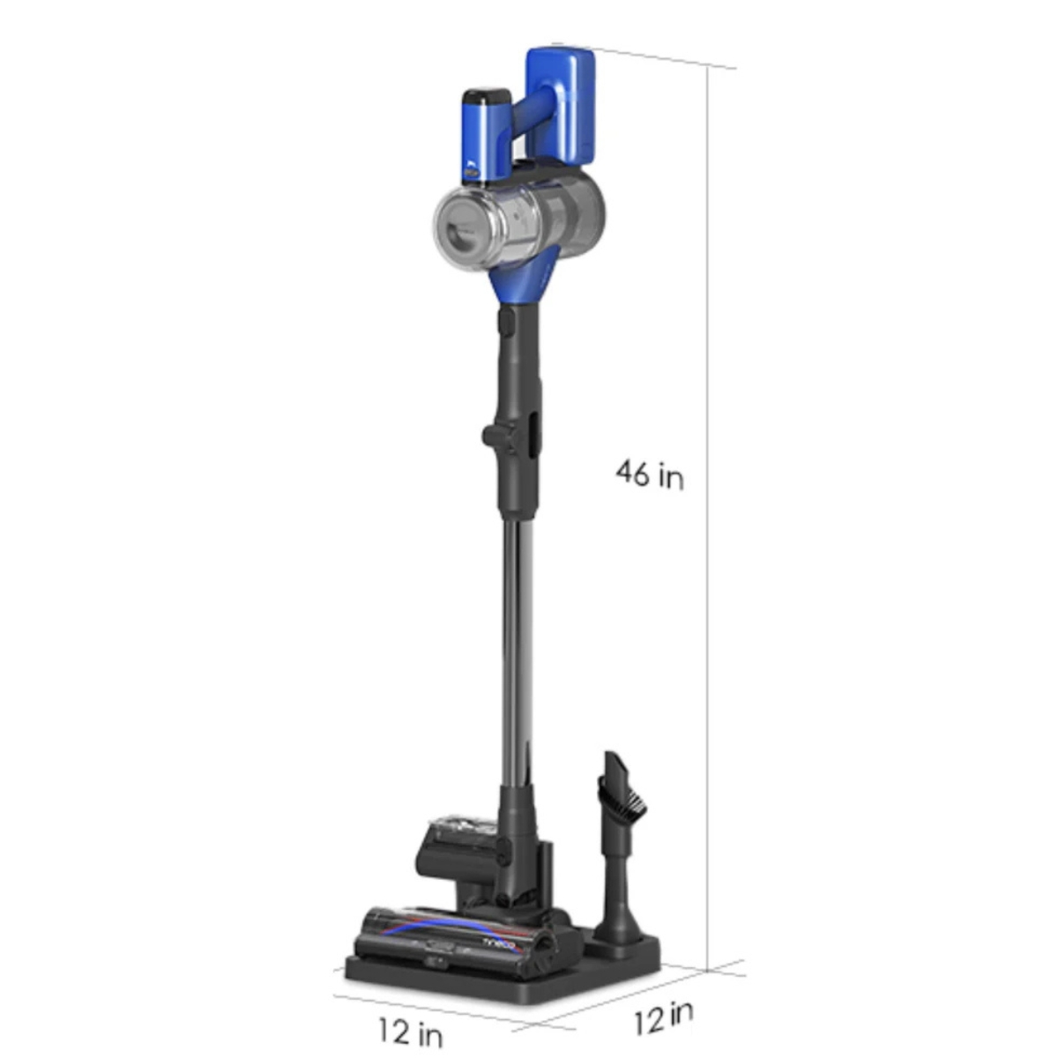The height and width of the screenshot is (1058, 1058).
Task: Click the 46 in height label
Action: coord(650,474)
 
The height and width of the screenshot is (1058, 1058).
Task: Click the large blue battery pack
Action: coord(561,107)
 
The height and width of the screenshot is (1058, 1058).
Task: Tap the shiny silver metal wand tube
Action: coord(518,652)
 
